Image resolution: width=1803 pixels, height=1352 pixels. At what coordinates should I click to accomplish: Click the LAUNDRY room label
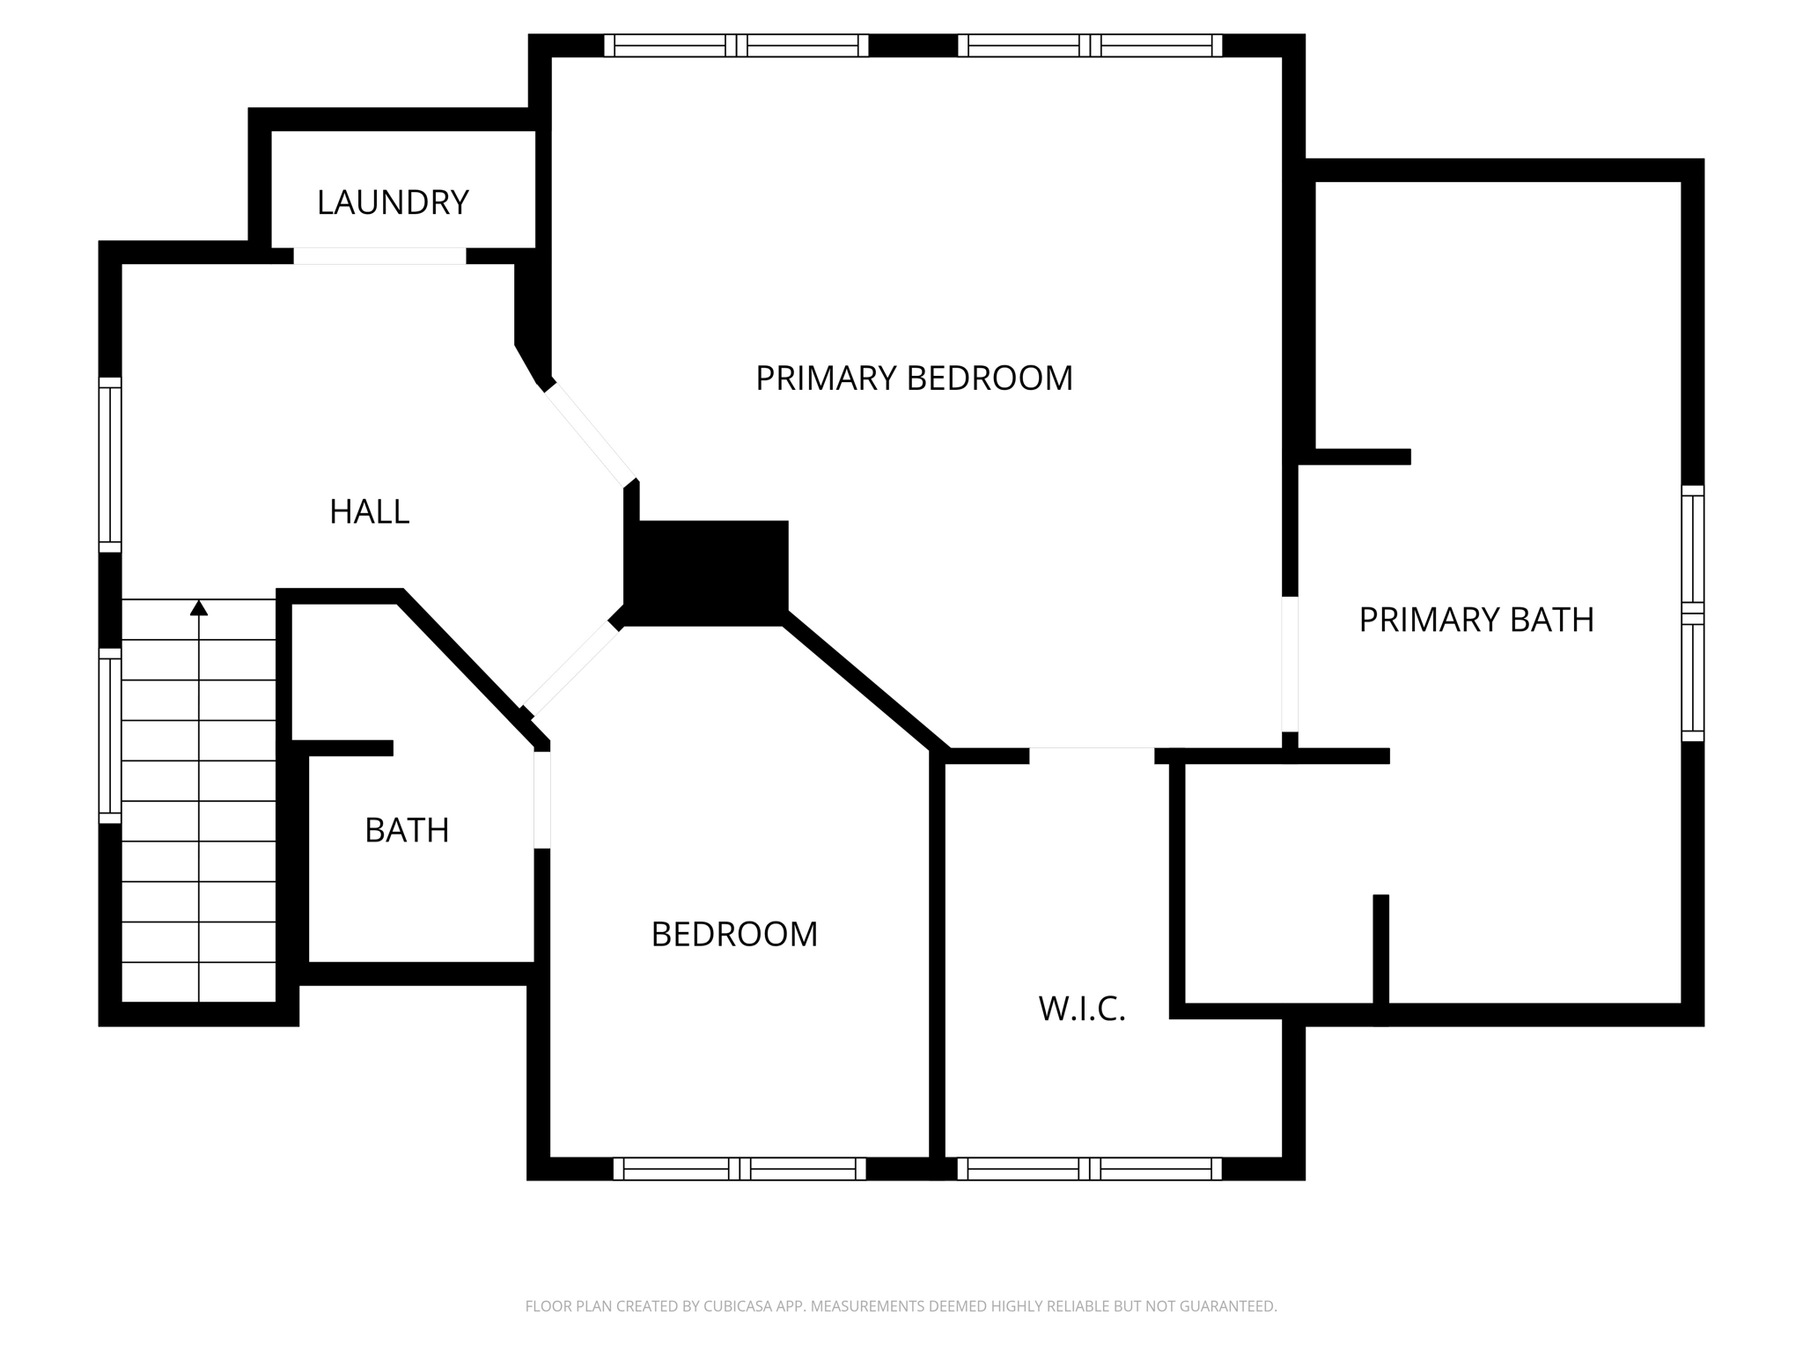click(393, 202)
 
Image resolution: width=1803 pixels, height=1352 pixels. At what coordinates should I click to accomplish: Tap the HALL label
click(369, 511)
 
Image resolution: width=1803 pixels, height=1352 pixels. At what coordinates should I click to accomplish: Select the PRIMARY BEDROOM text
click(914, 378)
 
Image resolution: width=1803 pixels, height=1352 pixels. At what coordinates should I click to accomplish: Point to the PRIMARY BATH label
click(1476, 620)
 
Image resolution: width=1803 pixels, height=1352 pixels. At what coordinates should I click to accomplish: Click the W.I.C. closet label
click(1082, 1009)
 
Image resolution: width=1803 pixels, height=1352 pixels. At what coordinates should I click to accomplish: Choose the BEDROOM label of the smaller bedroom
click(734, 934)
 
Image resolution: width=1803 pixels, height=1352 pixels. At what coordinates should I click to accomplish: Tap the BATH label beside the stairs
click(407, 830)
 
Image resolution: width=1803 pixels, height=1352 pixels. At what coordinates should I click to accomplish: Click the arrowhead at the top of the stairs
click(199, 607)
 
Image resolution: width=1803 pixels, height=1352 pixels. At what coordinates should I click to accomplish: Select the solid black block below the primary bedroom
click(706, 572)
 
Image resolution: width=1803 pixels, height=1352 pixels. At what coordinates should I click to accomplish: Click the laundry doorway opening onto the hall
click(379, 256)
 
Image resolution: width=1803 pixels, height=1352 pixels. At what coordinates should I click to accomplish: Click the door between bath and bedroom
click(542, 799)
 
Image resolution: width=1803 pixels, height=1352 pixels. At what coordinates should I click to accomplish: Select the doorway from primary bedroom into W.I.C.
click(1092, 754)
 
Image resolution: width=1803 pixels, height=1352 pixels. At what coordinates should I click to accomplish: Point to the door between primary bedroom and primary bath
click(1290, 664)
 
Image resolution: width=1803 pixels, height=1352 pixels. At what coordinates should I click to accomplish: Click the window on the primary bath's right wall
click(1692, 613)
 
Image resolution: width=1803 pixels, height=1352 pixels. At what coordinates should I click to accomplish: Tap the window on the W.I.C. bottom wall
click(1089, 1168)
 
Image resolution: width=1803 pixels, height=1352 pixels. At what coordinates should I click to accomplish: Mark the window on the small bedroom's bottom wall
click(740, 1168)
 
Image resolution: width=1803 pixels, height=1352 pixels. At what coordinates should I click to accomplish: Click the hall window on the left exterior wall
click(110, 464)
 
